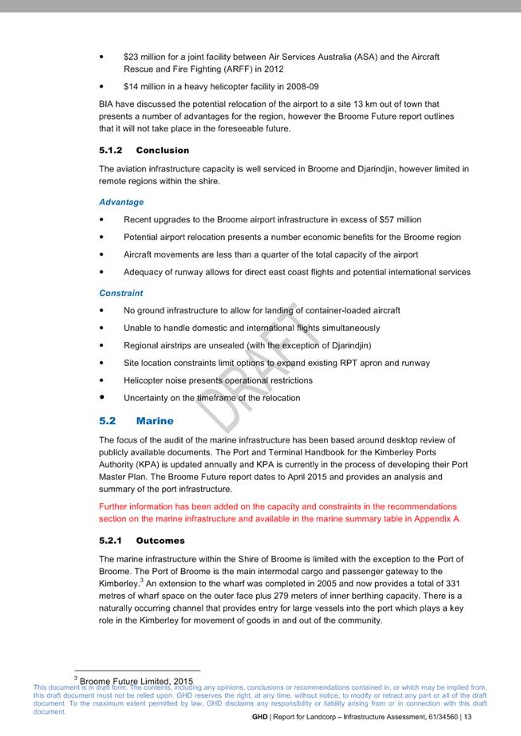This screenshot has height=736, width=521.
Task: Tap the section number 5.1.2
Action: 112,150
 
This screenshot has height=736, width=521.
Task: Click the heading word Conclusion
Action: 163,150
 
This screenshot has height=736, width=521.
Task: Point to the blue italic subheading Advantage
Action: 121,203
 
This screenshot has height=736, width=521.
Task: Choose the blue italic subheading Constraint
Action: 121,293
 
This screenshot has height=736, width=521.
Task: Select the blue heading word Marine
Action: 155,420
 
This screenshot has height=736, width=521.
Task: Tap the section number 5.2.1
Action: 112,541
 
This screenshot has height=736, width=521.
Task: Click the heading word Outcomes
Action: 160,541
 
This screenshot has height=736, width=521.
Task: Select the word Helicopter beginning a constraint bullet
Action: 146,380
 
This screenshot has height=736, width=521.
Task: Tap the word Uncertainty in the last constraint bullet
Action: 148,398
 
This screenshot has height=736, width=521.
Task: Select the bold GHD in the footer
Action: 259,718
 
